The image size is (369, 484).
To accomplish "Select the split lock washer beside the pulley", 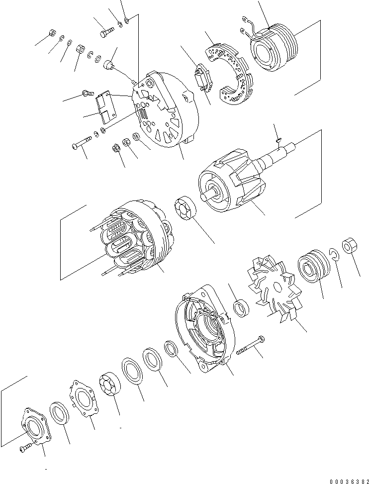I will click(334, 255).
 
